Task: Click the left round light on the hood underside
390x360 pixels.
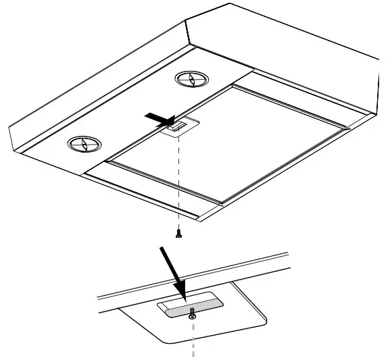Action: point(82,143)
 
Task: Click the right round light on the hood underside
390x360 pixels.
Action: point(190,79)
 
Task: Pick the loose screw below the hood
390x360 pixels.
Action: point(178,234)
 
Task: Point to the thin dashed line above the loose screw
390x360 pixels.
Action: point(179,182)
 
